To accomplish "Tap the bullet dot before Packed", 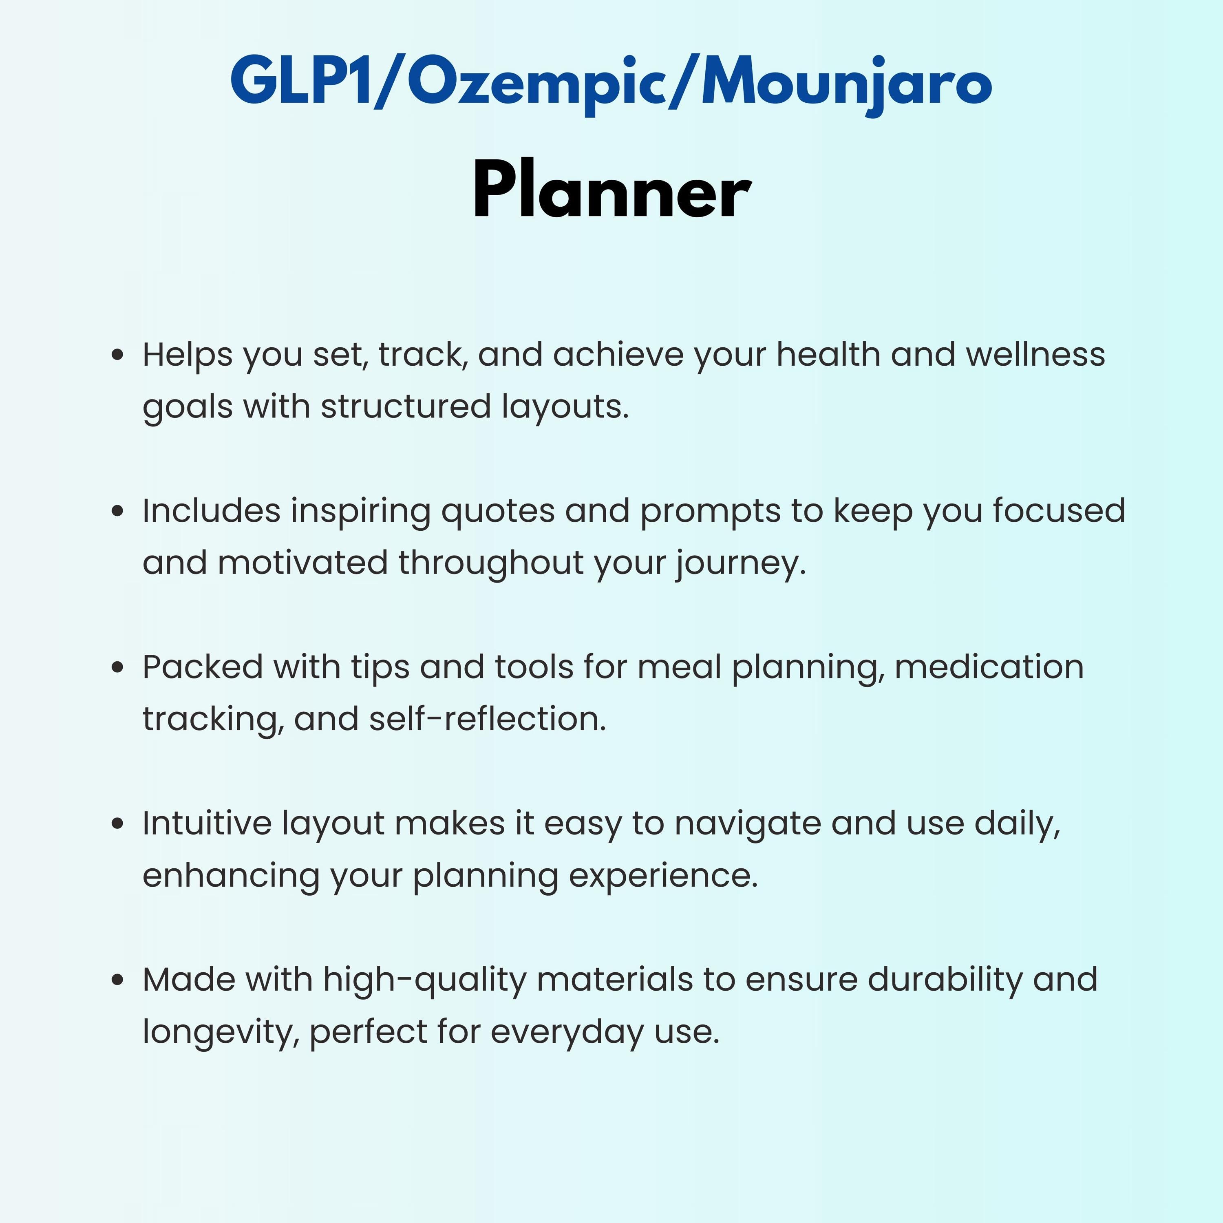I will (117, 667).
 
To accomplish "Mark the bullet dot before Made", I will (117, 980).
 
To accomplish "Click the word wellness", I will (1035, 355).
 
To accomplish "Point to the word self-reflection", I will (488, 719).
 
